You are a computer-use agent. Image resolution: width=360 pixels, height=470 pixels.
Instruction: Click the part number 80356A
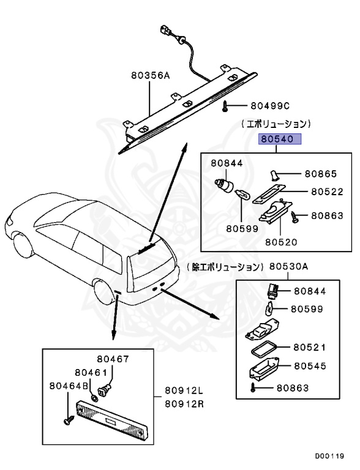149,76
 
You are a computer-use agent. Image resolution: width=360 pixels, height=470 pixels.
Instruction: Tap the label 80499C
270,105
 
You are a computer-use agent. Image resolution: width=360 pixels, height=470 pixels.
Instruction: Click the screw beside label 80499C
226,106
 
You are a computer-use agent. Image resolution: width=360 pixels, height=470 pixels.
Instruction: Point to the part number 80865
321,174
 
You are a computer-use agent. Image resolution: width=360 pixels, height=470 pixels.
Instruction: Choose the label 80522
326,192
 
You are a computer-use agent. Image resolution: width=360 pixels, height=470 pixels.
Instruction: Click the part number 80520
281,242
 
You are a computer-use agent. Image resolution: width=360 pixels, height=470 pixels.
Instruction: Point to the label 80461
91,372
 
